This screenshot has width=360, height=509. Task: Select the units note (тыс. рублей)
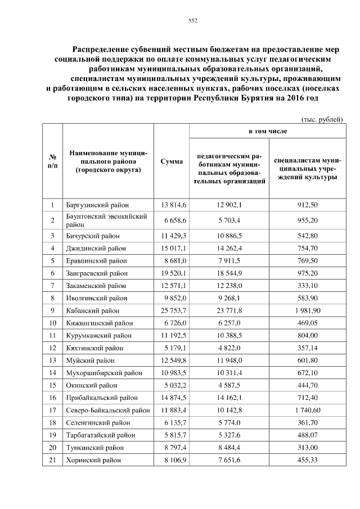pyautogui.click(x=322, y=119)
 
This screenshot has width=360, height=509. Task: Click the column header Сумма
pyautogui.click(x=171, y=161)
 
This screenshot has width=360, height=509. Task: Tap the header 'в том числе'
pyautogui.click(x=268, y=131)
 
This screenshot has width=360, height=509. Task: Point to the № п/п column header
pyautogui.click(x=52, y=161)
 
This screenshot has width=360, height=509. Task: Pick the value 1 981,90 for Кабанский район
pyautogui.click(x=307, y=310)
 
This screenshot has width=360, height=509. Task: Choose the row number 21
pyautogui.click(x=52, y=459)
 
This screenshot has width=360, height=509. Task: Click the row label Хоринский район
pyautogui.click(x=93, y=459)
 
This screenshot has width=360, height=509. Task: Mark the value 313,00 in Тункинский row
pyautogui.click(x=307, y=447)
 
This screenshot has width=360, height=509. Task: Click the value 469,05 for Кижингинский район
pyautogui.click(x=307, y=323)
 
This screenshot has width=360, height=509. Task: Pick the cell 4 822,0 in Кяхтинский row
pyautogui.click(x=228, y=348)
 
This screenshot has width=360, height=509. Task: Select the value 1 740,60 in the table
pyautogui.click(x=307, y=409)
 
